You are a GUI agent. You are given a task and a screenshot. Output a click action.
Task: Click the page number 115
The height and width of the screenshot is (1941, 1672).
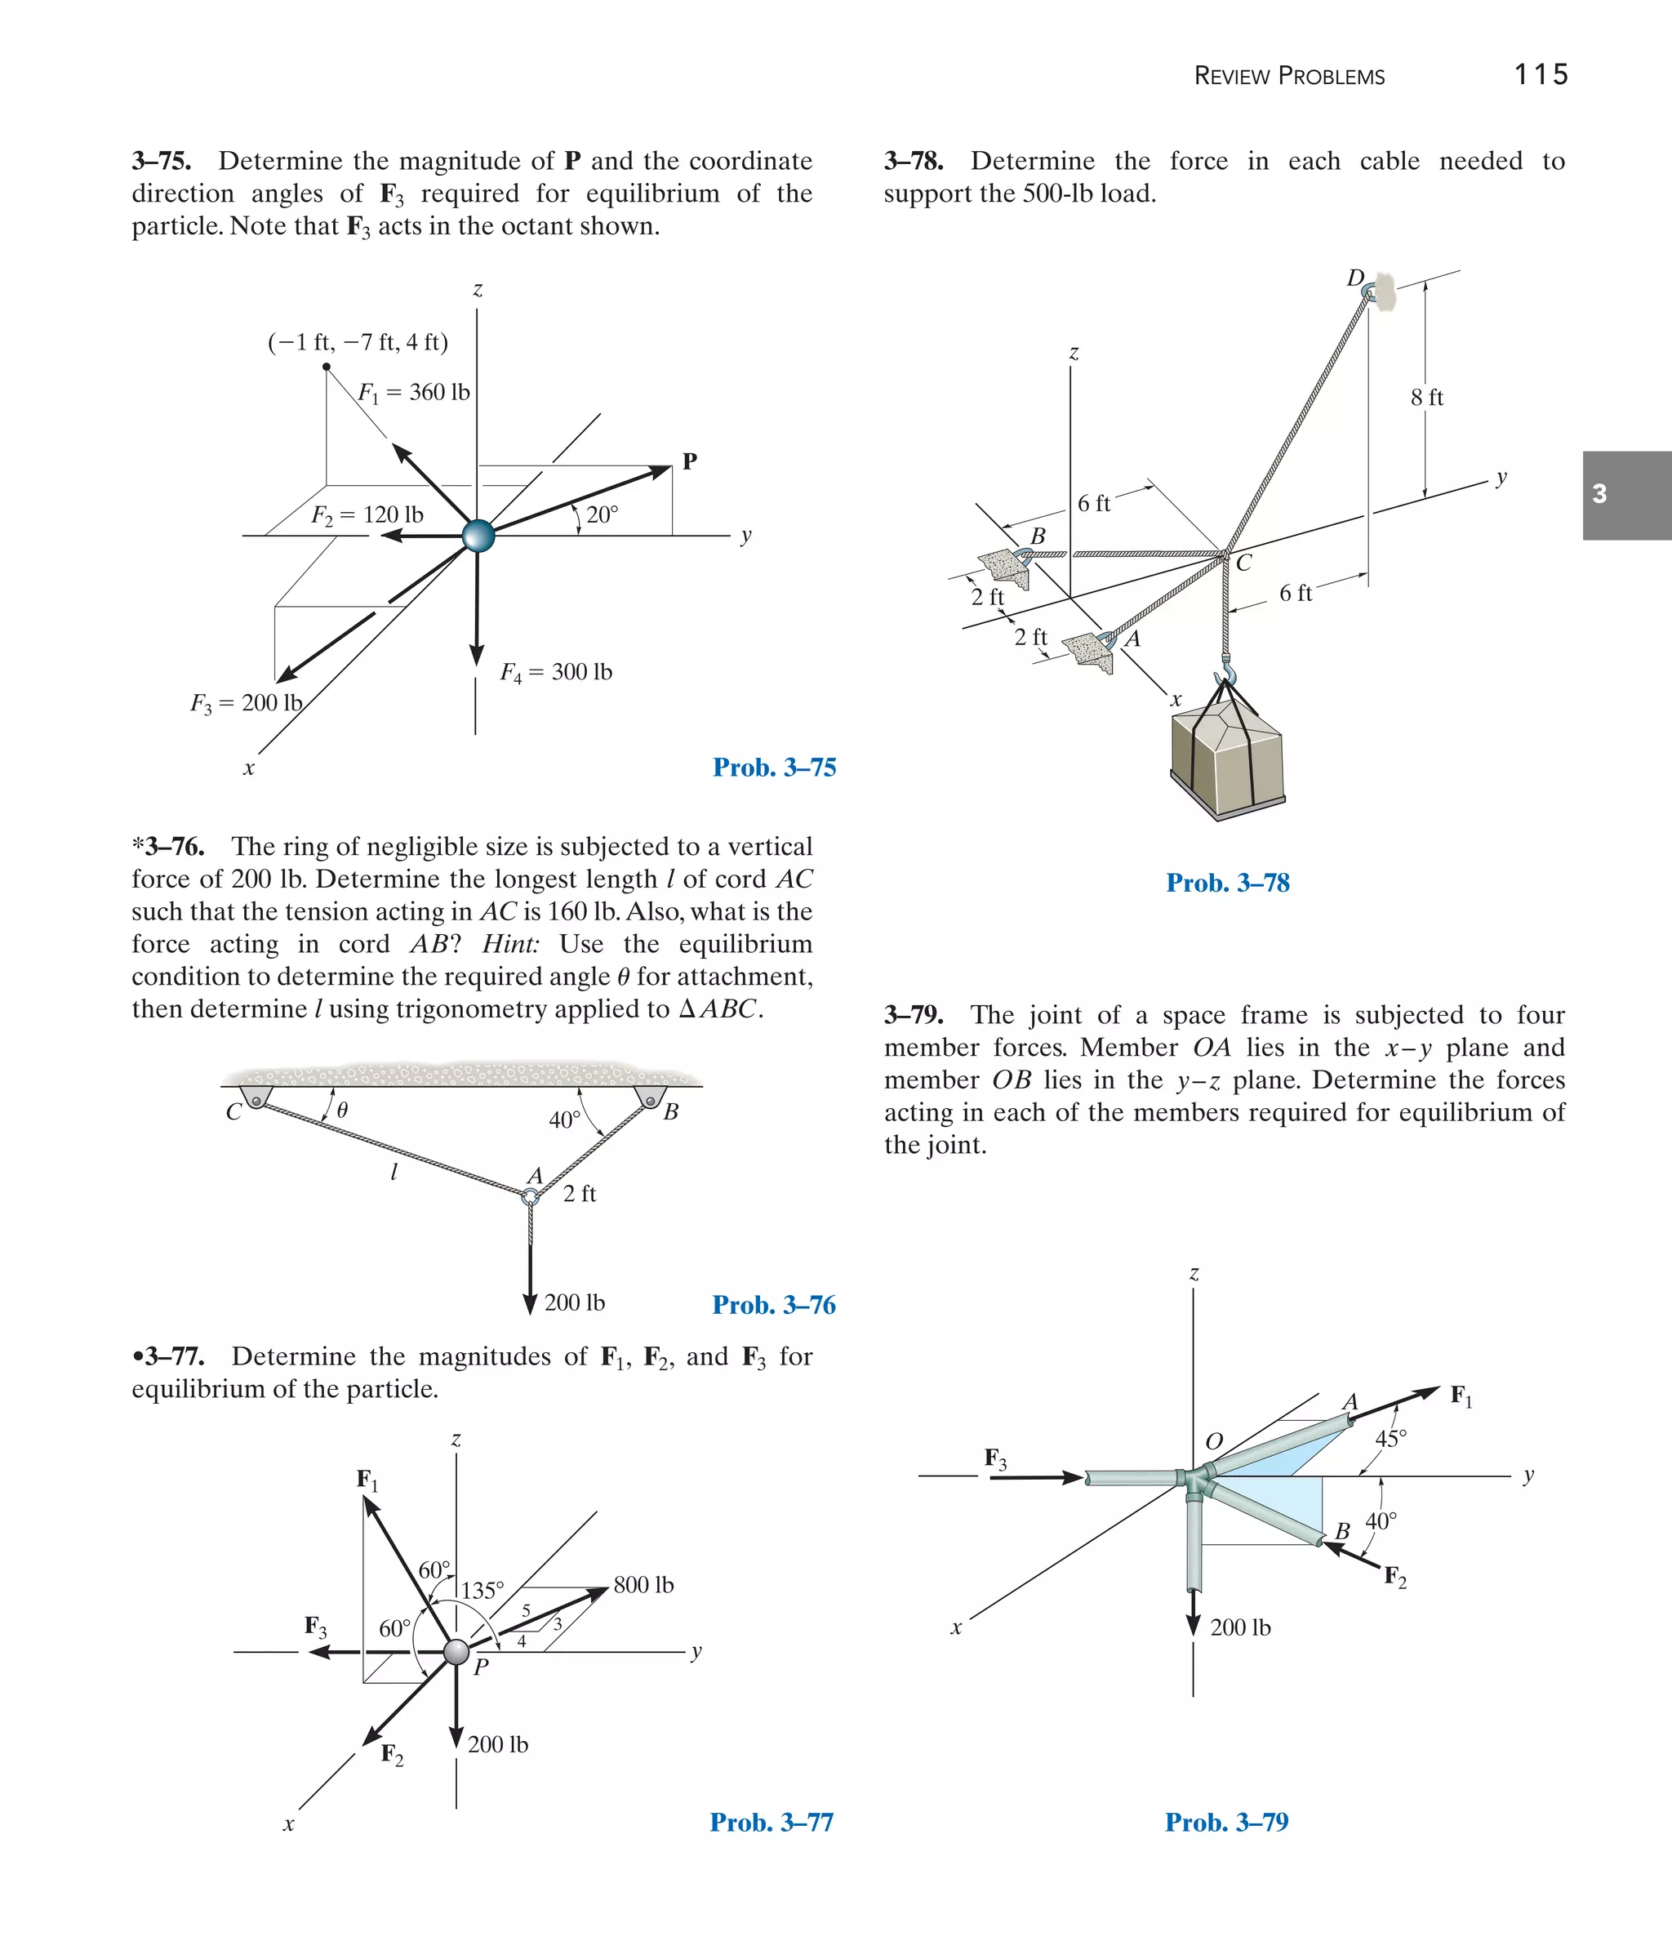(x=1540, y=74)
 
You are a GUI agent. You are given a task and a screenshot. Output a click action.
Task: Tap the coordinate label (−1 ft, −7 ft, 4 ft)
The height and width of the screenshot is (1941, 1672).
(x=358, y=342)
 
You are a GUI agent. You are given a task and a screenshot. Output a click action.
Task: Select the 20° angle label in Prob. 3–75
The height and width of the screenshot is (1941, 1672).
(x=602, y=514)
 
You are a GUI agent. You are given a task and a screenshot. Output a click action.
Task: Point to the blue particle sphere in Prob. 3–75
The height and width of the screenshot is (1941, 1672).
(x=478, y=536)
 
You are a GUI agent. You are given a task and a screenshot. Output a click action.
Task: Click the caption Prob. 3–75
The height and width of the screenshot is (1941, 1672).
(x=774, y=768)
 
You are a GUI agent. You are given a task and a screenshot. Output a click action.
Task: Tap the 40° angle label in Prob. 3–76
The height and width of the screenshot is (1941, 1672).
(x=564, y=1120)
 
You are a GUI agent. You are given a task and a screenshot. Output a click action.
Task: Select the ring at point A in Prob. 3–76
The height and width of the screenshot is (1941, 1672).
(x=530, y=1196)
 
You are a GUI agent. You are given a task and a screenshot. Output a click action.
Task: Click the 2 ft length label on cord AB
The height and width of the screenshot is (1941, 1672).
(x=579, y=1194)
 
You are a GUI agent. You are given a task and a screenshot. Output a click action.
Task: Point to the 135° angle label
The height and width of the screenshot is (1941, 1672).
(x=482, y=1590)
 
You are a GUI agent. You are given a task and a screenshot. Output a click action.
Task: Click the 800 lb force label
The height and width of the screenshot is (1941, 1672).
(x=643, y=1584)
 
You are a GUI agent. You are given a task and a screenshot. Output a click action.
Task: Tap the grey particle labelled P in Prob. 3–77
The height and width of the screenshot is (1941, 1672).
(x=456, y=1652)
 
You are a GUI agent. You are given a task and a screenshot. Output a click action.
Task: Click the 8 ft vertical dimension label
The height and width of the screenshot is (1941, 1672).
(x=1426, y=397)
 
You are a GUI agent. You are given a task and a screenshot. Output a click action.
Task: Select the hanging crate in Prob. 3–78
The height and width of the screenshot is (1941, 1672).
(x=1227, y=759)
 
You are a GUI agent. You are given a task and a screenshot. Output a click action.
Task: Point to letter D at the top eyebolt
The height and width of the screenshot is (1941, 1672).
(x=1355, y=278)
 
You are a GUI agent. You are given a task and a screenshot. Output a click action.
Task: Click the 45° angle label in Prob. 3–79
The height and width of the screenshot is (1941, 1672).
(x=1390, y=1438)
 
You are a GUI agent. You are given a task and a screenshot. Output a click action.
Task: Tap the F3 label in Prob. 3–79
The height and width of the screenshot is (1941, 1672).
(x=996, y=1458)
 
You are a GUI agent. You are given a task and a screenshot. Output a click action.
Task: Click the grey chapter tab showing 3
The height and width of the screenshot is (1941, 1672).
(x=1626, y=495)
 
